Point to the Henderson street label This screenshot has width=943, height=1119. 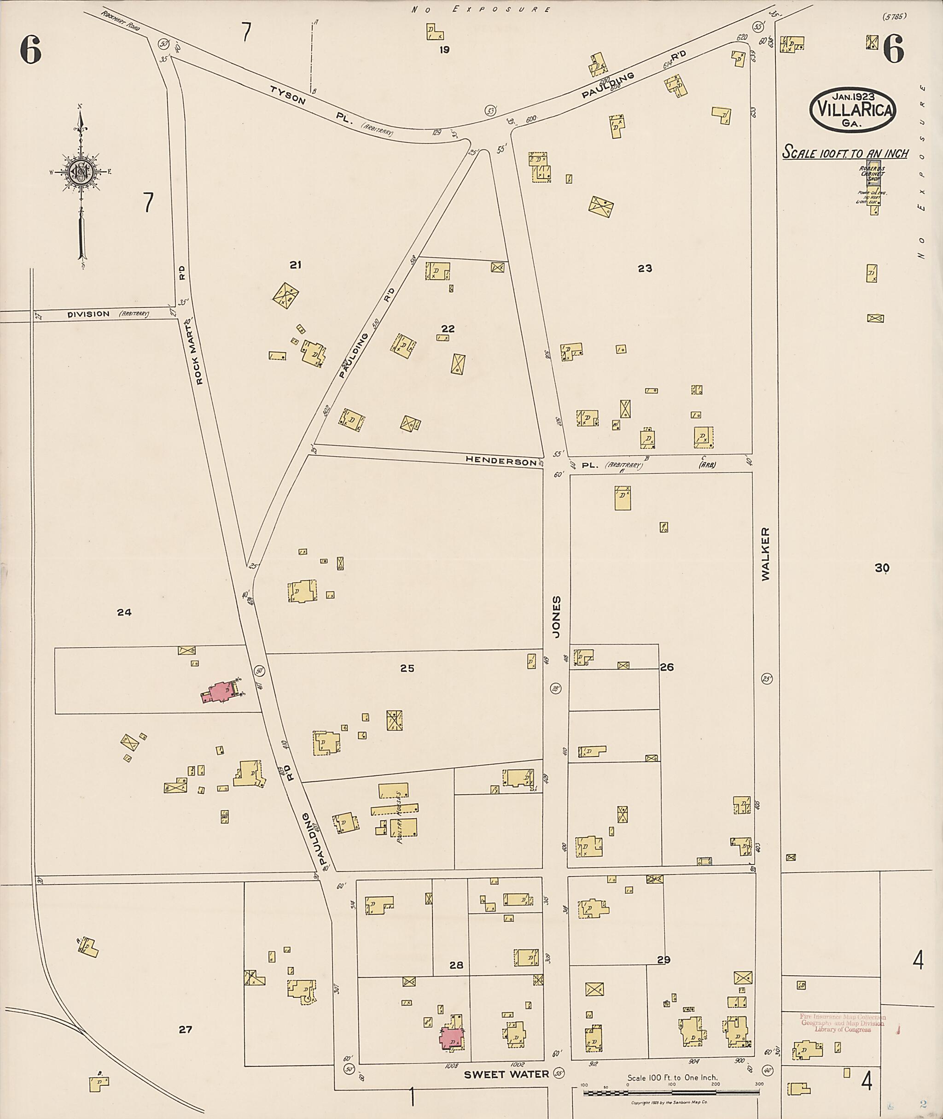click(x=501, y=460)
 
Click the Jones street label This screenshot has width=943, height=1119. click(x=557, y=617)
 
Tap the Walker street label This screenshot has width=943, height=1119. click(x=766, y=554)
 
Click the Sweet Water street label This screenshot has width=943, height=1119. click(x=506, y=1074)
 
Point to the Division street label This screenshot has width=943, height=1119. click(x=89, y=314)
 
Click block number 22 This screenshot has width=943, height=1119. click(x=448, y=328)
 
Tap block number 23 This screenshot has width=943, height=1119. click(x=645, y=269)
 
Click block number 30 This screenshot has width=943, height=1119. click(x=881, y=568)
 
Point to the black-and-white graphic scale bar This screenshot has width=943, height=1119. click(x=671, y=1092)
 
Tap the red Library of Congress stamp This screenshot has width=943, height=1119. click(x=843, y=1023)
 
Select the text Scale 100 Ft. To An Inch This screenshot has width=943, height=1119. click(x=844, y=153)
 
